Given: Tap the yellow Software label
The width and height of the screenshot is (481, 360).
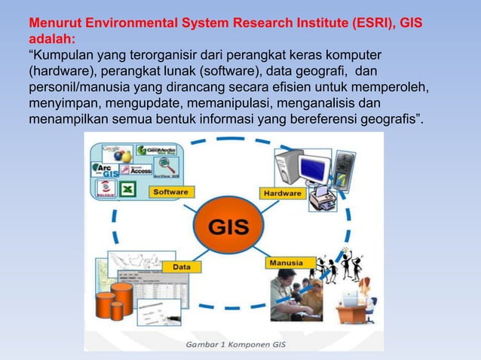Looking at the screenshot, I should (x=170, y=192).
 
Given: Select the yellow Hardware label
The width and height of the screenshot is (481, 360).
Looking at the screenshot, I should (x=282, y=194).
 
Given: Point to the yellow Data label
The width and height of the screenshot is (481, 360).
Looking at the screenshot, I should (x=182, y=267).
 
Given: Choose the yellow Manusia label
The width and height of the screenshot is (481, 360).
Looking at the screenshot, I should (x=286, y=264).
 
